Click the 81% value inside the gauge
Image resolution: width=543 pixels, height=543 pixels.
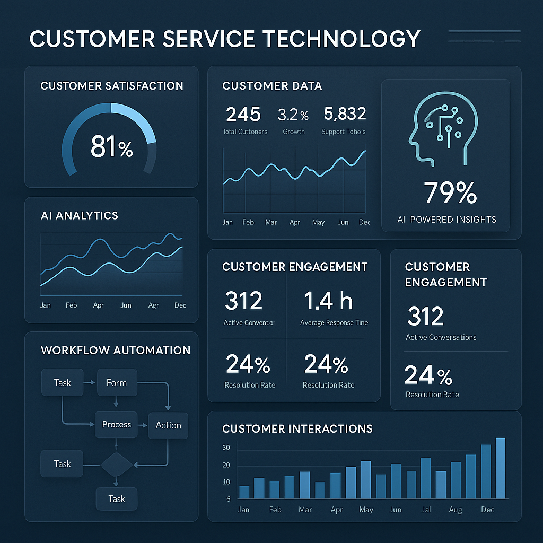click(x=111, y=147)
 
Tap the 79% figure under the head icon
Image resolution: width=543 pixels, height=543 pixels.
click(x=450, y=192)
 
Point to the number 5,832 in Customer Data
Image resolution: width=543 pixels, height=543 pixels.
click(x=344, y=114)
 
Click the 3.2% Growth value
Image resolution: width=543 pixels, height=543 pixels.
click(x=293, y=115)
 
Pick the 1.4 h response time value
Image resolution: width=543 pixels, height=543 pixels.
click(x=328, y=301)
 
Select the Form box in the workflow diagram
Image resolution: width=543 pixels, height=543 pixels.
click(x=117, y=383)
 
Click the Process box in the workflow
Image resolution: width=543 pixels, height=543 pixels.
click(x=117, y=425)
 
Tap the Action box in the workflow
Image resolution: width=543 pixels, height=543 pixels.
click(x=168, y=425)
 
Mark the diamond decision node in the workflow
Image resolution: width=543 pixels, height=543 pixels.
click(x=116, y=465)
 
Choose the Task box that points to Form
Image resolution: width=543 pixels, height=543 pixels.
click(x=63, y=383)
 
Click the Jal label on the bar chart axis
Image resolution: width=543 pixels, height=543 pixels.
click(x=425, y=510)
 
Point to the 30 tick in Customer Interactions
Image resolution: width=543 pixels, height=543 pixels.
click(x=226, y=448)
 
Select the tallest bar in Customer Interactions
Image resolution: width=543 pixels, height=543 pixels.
click(x=500, y=468)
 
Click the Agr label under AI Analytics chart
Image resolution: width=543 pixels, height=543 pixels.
click(x=153, y=305)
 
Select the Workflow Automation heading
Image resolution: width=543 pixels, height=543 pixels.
click(x=116, y=351)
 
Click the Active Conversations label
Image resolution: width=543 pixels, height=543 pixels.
click(x=441, y=337)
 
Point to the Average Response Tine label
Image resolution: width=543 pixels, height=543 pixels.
click(x=334, y=323)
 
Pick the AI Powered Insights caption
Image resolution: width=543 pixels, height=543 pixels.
click(x=446, y=220)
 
